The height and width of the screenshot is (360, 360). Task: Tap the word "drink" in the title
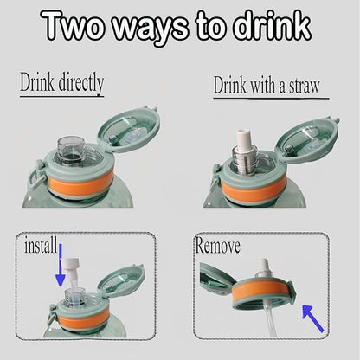pos(272,25)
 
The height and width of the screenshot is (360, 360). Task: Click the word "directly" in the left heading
pos(81,84)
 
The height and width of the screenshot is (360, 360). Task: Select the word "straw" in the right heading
pos(305,86)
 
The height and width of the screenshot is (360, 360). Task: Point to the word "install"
pos(41,246)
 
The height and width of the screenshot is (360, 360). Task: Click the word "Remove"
pos(218,246)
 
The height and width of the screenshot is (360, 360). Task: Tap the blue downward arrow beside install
pos(61,266)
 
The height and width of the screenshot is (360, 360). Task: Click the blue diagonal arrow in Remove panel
pos(313,318)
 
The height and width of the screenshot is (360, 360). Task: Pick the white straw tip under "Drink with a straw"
pos(244,138)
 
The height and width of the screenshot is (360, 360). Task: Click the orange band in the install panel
pos(84,319)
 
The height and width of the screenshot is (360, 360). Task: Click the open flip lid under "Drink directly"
pos(129,130)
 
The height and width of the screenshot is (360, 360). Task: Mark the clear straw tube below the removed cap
pos(270,323)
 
